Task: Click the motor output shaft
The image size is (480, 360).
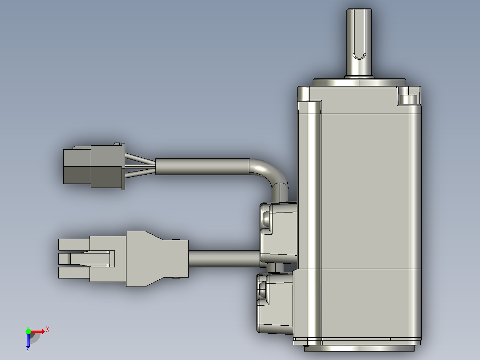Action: (x=359, y=43)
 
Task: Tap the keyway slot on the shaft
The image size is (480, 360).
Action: (x=359, y=34)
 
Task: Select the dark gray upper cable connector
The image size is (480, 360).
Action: (x=94, y=166)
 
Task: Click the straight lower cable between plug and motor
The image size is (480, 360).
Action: (x=224, y=259)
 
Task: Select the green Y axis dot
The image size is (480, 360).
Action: (x=28, y=331)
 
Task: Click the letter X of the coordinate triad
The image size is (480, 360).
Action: (x=48, y=330)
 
